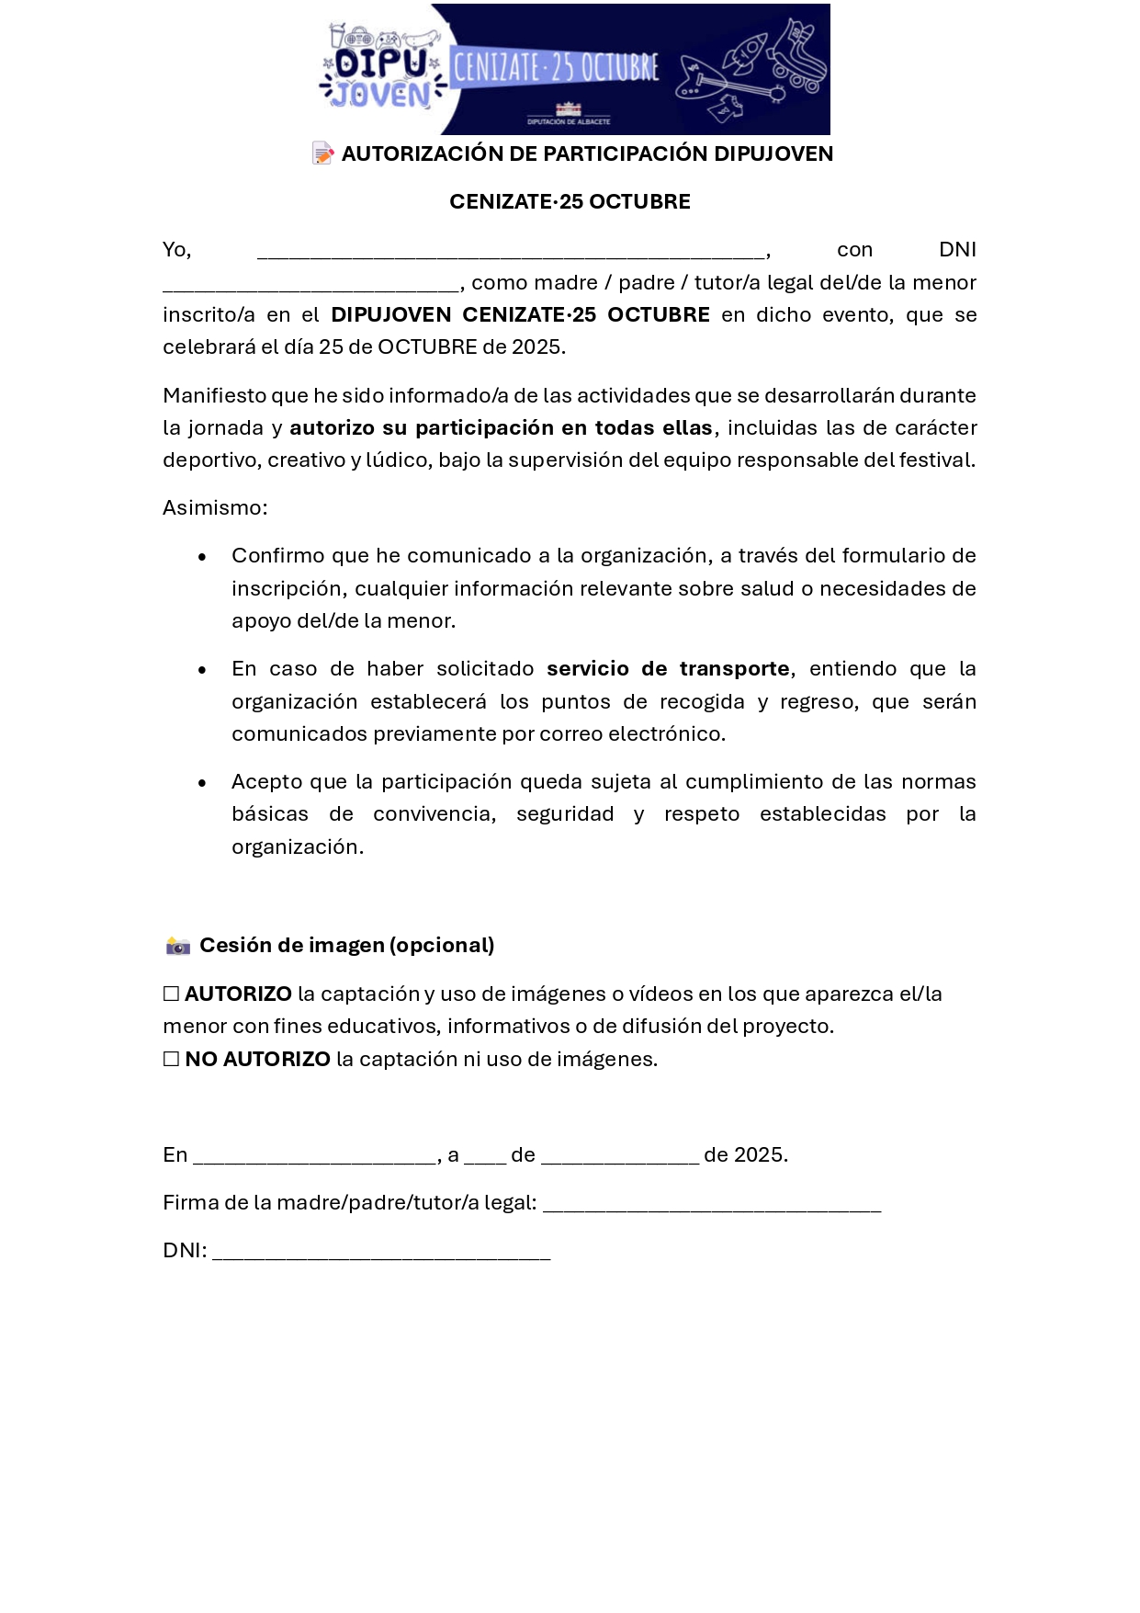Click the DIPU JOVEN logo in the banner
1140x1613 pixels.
click(382, 68)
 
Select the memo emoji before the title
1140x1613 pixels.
click(322, 153)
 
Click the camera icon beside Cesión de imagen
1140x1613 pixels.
click(177, 946)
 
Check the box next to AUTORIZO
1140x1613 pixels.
click(171, 994)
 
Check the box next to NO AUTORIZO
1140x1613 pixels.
click(171, 1059)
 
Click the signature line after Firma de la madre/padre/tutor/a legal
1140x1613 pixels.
click(712, 1207)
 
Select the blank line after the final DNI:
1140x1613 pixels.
click(381, 1255)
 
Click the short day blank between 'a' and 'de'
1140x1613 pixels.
click(485, 1159)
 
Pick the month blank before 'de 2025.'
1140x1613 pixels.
click(620, 1159)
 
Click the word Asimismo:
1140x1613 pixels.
click(215, 508)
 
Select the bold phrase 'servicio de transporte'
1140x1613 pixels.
click(668, 669)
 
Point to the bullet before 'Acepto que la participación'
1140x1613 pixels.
click(202, 783)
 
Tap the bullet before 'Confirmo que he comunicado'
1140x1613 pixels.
click(202, 557)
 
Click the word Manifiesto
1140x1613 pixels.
click(214, 396)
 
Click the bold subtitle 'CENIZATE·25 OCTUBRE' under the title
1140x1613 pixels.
click(570, 202)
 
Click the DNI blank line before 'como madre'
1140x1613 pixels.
click(310, 287)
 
